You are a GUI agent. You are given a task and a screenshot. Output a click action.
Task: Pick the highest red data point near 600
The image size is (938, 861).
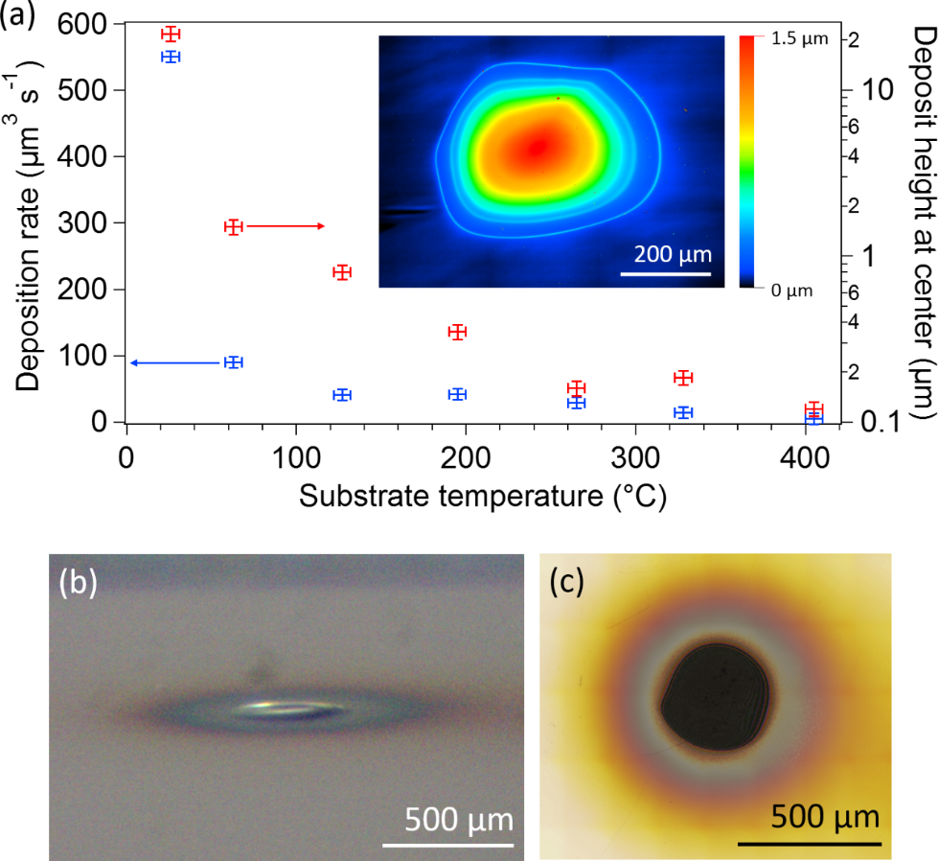tap(170, 35)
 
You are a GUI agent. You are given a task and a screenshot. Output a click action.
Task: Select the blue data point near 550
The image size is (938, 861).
tap(170, 57)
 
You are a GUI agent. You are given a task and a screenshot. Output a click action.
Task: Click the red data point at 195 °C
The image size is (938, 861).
tap(457, 332)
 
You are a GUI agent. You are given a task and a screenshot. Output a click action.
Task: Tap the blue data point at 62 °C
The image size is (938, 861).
tap(232, 362)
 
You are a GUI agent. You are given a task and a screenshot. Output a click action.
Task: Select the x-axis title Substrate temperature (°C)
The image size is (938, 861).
tap(481, 496)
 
